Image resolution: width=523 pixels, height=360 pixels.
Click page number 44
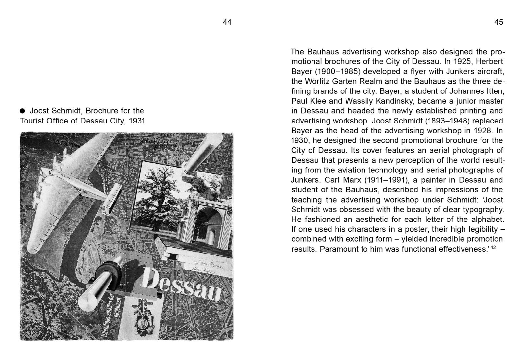point(227,22)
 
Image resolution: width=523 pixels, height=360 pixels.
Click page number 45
point(498,22)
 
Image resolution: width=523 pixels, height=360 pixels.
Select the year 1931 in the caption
point(137,121)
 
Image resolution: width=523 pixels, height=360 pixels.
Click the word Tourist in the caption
point(32,121)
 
